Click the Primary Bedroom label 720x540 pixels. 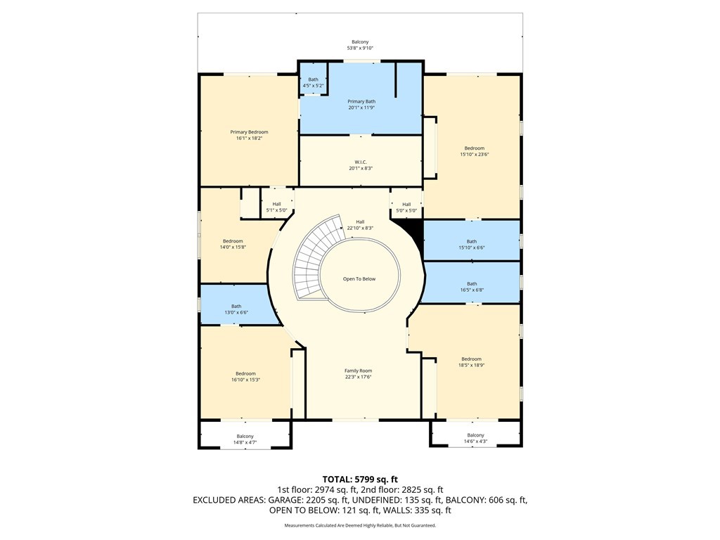(x=249, y=132)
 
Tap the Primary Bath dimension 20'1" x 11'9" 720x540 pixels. (x=361, y=108)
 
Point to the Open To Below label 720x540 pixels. (x=359, y=279)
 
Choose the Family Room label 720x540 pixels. (x=358, y=371)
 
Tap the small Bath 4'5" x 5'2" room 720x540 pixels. (x=313, y=82)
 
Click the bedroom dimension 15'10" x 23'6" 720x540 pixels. (x=474, y=155)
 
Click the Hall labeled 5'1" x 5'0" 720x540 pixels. (x=277, y=207)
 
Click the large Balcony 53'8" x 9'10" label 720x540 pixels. (x=360, y=45)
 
